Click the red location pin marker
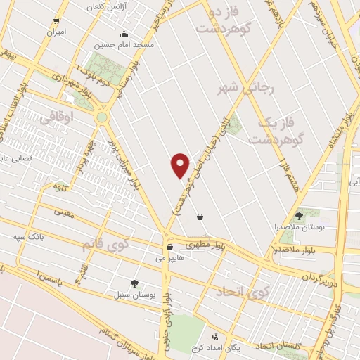pos(181,165)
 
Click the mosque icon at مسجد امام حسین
pos(124,33)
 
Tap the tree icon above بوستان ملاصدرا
pos(300,216)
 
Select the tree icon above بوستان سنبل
pos(134,283)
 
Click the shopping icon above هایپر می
pos(169,247)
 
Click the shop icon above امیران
pos(56,21)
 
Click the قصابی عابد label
pos(14,158)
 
